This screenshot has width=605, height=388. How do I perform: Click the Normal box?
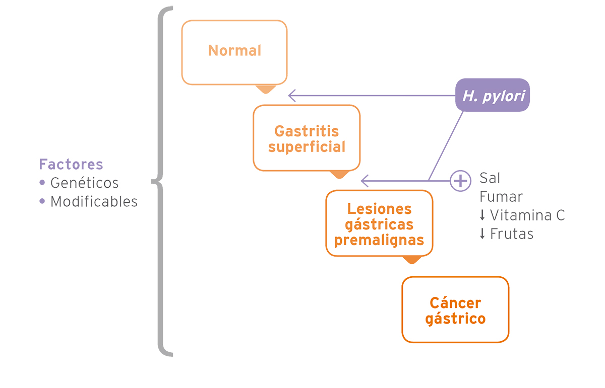coord(234,52)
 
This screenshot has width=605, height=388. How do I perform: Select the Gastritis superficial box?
coord(307,138)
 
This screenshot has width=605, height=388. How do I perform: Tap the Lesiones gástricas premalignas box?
coord(379,224)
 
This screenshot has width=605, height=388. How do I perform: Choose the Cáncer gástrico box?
coord(455,310)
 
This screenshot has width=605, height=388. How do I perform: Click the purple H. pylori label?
coord(493,95)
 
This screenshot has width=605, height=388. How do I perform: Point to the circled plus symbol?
coord(460,180)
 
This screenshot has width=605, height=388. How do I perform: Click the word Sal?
coord(490,179)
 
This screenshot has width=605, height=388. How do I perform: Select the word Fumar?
coord(501,197)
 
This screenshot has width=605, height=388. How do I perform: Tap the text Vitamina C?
coord(527,215)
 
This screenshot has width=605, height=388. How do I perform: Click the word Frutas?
coord(512,234)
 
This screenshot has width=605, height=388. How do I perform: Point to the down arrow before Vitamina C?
coord(482,215)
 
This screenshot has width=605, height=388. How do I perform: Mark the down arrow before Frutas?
coord(482,234)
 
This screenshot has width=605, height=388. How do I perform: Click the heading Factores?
coord(71,165)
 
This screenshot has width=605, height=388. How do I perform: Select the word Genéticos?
coord(84,183)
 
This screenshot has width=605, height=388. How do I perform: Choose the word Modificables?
coord(94,201)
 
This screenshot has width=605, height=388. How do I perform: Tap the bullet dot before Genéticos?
coord(42,182)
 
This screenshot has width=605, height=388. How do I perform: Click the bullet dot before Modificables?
coord(42,201)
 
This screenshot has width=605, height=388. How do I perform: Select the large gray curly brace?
coord(162,181)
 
